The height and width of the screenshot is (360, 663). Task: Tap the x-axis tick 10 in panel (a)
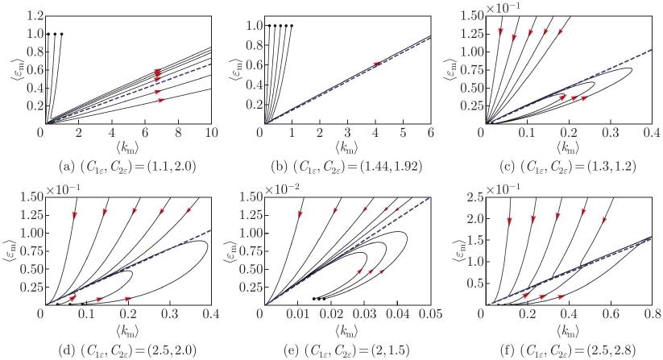tap(210, 132)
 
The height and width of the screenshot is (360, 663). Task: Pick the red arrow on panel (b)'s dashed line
tap(378, 64)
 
